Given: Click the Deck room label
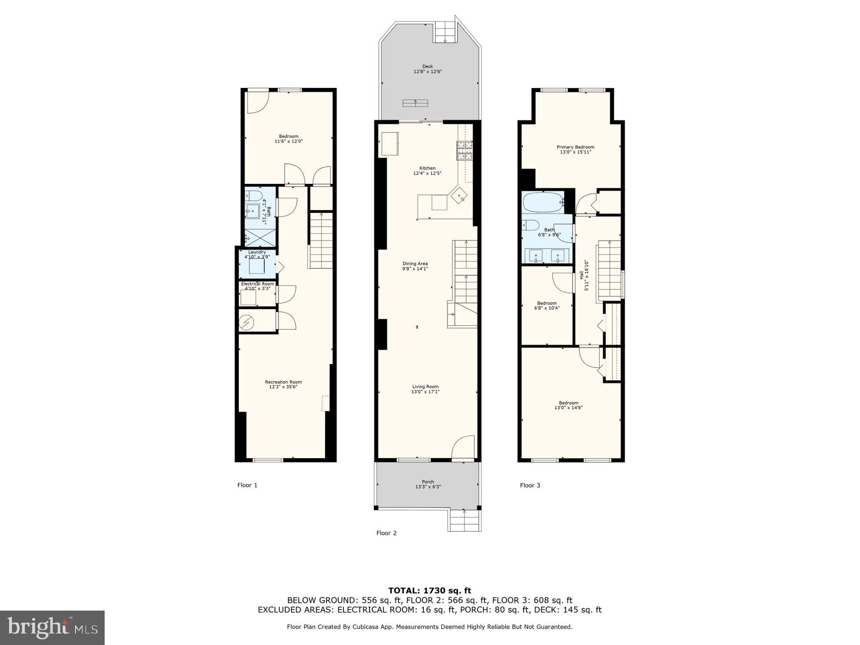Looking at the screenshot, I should click(x=428, y=67).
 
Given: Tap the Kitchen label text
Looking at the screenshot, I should click(x=427, y=168).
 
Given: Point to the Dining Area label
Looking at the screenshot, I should click(x=415, y=264).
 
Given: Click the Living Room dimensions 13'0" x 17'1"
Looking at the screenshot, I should click(x=425, y=392).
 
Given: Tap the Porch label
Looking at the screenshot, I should click(x=428, y=482).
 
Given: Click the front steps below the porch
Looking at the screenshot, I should click(x=465, y=520).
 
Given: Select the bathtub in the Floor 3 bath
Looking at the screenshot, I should click(x=543, y=203).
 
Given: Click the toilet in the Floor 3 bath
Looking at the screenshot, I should click(x=531, y=225).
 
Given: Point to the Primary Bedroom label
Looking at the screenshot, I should click(x=575, y=147).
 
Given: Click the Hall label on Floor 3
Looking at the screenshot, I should click(x=581, y=276).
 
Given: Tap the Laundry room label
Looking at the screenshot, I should click(x=257, y=252).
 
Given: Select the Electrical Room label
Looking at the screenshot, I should click(x=258, y=284).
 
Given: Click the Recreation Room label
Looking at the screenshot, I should click(x=283, y=382).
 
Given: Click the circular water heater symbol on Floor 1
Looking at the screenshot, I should click(x=247, y=323).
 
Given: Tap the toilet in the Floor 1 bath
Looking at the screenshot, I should click(x=254, y=195).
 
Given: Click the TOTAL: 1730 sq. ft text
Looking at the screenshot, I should click(x=430, y=591).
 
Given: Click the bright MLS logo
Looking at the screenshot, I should click(x=52, y=627).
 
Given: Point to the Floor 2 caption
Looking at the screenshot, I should click(x=387, y=533).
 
